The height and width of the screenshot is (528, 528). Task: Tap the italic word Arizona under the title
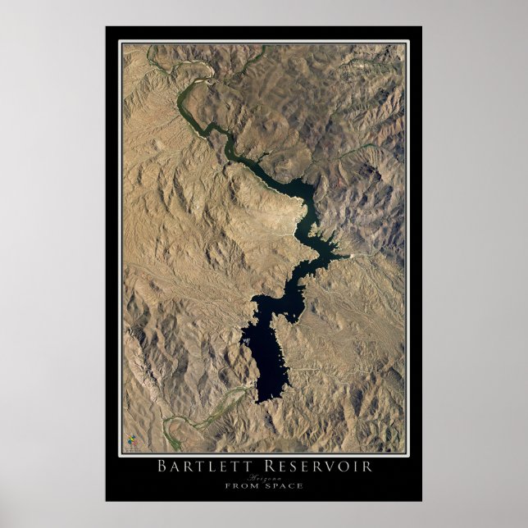(263, 477)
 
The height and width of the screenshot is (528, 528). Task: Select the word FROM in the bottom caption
(243, 485)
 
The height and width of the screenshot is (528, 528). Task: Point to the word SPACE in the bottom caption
(284, 485)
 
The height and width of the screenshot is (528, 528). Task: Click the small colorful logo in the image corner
(132, 444)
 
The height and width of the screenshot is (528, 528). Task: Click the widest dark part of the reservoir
(266, 344)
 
